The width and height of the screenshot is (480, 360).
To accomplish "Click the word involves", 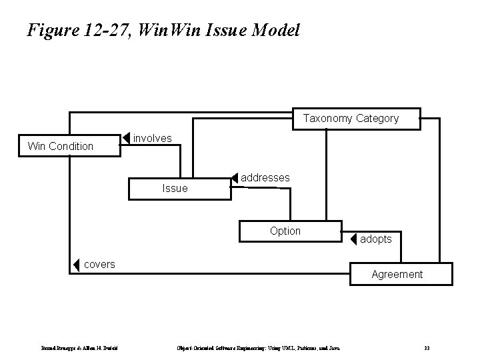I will tap(153, 138).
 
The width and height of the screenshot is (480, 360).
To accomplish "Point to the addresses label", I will tap(265, 178).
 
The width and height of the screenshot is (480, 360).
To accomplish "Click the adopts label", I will tap(376, 239).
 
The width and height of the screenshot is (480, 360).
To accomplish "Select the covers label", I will tap(99, 264).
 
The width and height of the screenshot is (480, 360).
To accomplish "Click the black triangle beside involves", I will tap(127, 139).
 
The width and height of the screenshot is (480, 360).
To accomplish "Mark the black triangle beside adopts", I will tap(353, 239).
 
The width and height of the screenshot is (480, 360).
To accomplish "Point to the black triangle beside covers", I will tap(76, 265).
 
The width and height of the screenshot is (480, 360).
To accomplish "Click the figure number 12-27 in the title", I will tap(104, 30).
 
